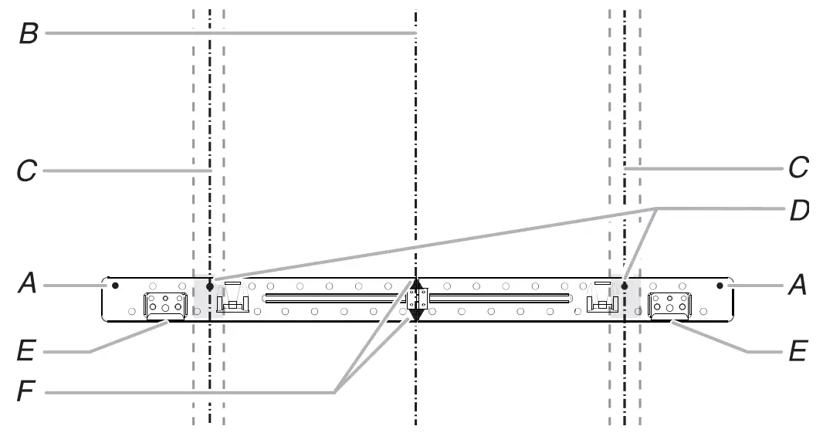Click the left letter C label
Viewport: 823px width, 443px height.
pos(27,170)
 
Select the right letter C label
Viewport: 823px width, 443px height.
pos(798,167)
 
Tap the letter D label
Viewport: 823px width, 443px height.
pos(798,210)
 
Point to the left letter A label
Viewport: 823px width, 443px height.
pos(28,286)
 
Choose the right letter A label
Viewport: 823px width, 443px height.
pos(797,286)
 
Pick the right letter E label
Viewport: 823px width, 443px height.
pos(798,353)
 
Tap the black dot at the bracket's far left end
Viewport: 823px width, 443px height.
pos(115,286)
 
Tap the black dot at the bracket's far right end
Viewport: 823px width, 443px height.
pos(720,286)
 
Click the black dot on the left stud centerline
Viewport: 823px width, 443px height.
pos(209,286)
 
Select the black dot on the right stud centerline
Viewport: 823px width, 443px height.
pos(625,286)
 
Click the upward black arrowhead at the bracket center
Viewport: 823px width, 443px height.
pos(416,283)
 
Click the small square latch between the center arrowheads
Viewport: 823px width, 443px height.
pos(416,299)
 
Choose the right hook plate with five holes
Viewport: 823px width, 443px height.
pos(669,305)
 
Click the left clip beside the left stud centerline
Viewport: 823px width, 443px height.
pos(232,302)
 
